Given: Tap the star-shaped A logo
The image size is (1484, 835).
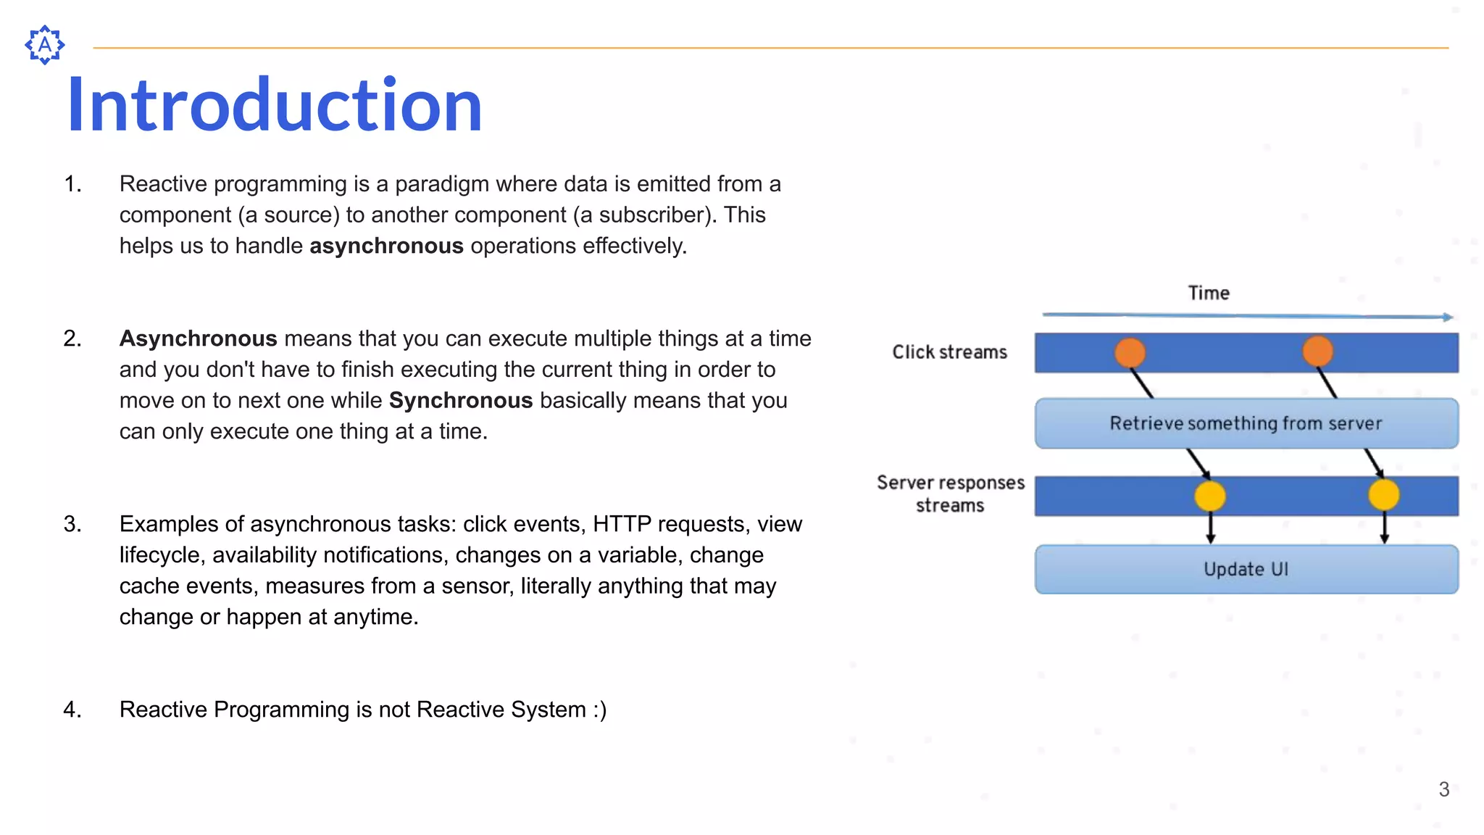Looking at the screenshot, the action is pos(44,45).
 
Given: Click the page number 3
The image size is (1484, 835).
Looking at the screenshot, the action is pos(1443,789).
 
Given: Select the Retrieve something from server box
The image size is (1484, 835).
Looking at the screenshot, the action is pos(1246,423).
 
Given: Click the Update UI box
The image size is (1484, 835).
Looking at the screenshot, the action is pos(1246,570).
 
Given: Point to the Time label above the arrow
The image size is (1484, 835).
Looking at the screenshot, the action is pos(1209,293).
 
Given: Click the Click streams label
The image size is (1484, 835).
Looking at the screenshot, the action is pos(949,352).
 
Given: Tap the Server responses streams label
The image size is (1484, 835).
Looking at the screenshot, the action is pos(950,494).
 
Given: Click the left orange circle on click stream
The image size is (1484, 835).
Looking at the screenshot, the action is pos(1130,352).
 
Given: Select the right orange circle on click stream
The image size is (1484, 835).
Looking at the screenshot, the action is pos(1317,352).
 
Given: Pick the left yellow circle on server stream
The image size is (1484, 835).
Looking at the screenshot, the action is pos(1209,497).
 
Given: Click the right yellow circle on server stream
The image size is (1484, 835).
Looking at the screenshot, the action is pos(1383,495).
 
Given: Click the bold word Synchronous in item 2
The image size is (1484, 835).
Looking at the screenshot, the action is pos(461,401).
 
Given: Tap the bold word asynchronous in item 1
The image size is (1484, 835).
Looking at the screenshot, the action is pos(386,246).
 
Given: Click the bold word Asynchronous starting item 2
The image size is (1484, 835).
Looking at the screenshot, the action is pos(198,338).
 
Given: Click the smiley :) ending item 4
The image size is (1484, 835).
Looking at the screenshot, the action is pos(599,710).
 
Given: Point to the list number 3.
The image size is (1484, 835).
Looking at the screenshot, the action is pos(72,524).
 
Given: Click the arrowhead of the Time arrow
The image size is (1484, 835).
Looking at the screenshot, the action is pos(1447,317).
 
